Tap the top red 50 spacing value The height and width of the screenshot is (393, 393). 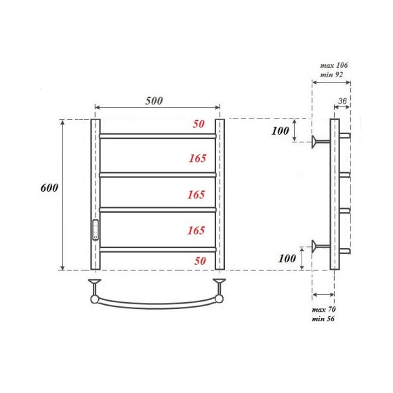(199, 125)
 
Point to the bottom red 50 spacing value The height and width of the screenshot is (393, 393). (199, 260)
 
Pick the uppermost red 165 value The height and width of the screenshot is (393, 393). (196, 159)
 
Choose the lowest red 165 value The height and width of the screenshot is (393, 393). (196, 230)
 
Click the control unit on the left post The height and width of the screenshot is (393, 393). (96, 230)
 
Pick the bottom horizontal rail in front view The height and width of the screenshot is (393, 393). (157, 249)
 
